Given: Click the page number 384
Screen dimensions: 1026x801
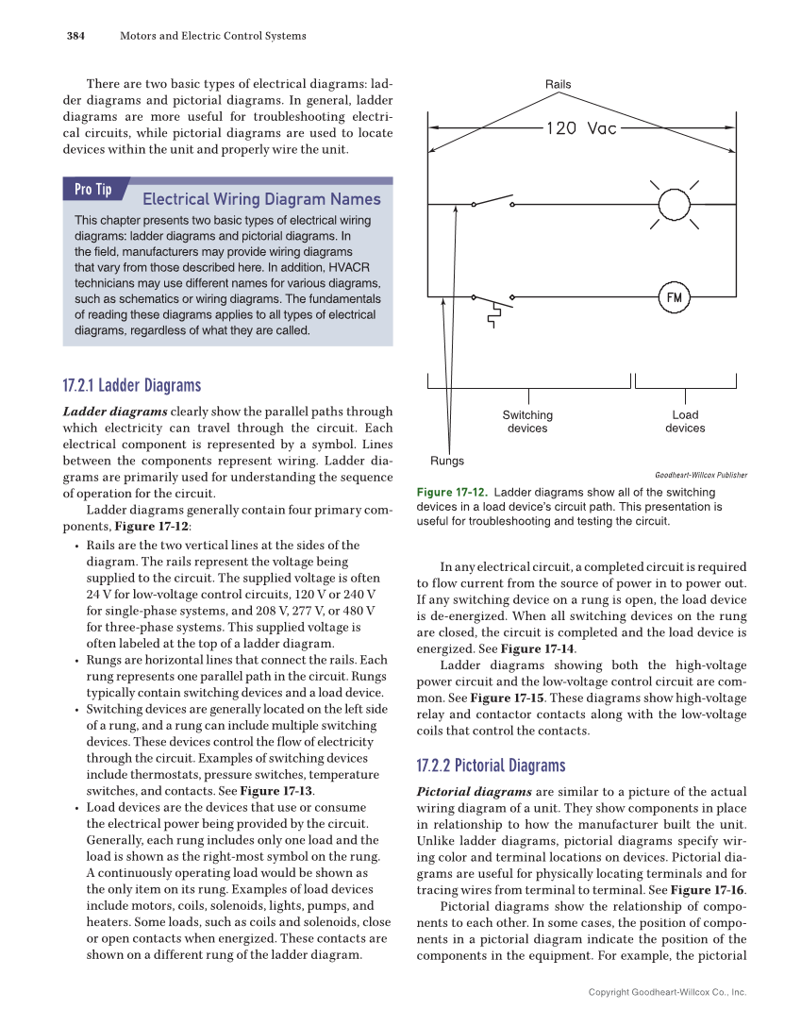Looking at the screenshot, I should pyautogui.click(x=75, y=36).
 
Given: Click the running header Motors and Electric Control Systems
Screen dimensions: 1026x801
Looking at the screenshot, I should pyautogui.click(x=212, y=36).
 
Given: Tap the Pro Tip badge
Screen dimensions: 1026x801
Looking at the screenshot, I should pyautogui.click(x=92, y=190).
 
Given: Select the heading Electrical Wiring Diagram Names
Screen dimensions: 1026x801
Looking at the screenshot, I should pyautogui.click(x=261, y=199).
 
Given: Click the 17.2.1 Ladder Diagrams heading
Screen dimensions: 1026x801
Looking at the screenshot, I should pyautogui.click(x=131, y=386).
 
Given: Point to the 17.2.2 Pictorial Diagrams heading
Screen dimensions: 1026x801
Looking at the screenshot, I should pyautogui.click(x=491, y=765).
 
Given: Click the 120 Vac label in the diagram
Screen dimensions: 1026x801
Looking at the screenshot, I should pyautogui.click(x=581, y=128).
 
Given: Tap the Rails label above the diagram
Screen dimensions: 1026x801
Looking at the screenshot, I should pyautogui.click(x=558, y=85).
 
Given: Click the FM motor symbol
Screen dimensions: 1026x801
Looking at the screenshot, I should pyautogui.click(x=674, y=297).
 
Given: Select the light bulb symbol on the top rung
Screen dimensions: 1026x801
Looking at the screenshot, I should pyautogui.click(x=674, y=204).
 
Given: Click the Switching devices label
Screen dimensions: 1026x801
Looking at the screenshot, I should pyautogui.click(x=527, y=422).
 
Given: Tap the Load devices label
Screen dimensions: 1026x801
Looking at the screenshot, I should pyautogui.click(x=685, y=422).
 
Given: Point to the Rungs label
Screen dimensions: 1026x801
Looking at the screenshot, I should pyautogui.click(x=447, y=461).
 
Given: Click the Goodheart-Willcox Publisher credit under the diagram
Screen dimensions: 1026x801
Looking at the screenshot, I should pyautogui.click(x=700, y=476).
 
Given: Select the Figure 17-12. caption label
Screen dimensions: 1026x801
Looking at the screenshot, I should pyautogui.click(x=452, y=493).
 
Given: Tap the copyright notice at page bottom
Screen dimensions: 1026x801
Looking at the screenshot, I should pyautogui.click(x=666, y=992).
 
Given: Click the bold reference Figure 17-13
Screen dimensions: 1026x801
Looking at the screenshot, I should pyautogui.click(x=279, y=791).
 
